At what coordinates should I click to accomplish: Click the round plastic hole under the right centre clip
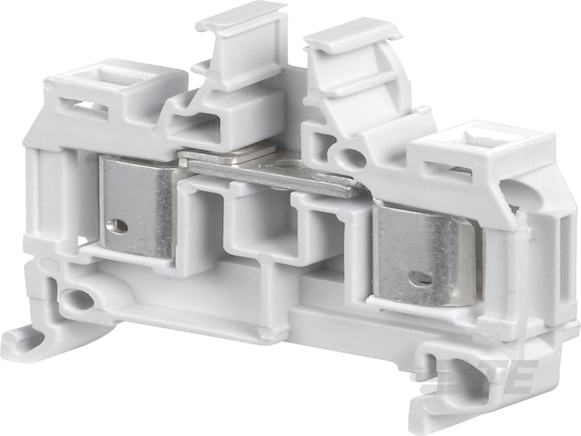(353, 156)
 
